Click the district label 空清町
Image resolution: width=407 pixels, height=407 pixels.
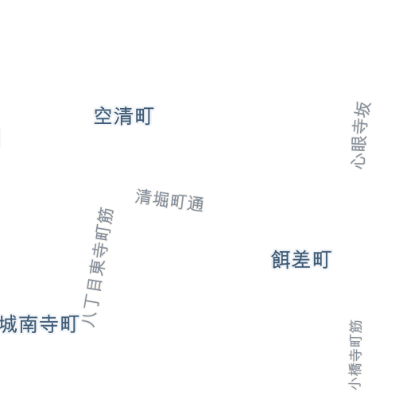(x=124, y=116)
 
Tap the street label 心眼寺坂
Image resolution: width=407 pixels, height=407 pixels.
(x=361, y=135)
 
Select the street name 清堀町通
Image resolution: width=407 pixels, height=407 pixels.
(x=169, y=200)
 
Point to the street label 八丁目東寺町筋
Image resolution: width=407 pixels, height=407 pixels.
(x=98, y=268)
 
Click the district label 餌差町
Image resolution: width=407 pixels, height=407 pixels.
(x=301, y=259)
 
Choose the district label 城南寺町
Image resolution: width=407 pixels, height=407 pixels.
(x=40, y=324)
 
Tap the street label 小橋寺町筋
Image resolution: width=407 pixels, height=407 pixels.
(x=355, y=355)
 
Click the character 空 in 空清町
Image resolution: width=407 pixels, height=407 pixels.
(x=103, y=116)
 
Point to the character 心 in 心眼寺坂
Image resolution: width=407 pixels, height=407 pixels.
(x=358, y=161)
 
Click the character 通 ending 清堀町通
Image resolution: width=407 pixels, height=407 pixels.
(x=196, y=203)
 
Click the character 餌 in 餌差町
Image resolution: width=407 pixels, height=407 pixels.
(x=281, y=259)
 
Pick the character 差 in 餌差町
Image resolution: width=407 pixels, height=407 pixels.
(x=301, y=259)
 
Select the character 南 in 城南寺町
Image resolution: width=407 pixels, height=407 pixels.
(x=29, y=324)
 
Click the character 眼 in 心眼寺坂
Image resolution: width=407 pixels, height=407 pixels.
(x=359, y=143)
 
